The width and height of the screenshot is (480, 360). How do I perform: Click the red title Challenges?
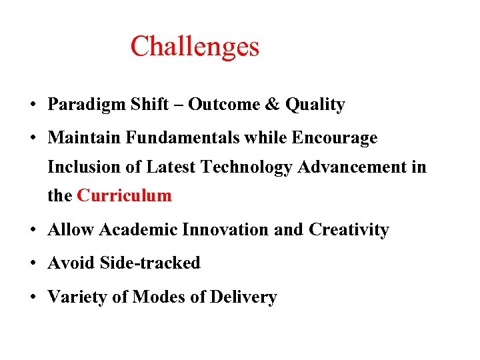(195, 47)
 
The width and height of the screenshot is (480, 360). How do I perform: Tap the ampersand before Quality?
(273, 105)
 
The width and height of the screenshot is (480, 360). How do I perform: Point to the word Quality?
(315, 105)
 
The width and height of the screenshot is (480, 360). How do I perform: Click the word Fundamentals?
(185, 138)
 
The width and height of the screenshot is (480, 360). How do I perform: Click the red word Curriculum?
(125, 196)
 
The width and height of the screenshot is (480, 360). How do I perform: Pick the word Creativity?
(349, 231)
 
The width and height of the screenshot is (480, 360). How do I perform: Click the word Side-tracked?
(150, 263)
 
